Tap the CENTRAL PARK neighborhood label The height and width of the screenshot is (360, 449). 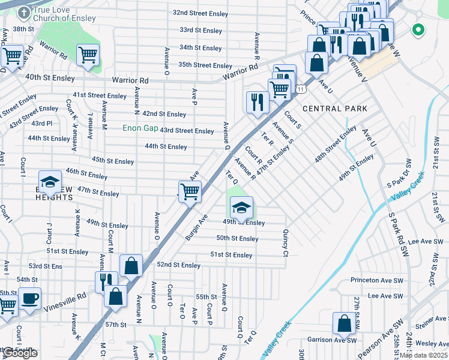(334, 109)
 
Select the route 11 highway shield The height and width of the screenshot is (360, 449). (300, 89)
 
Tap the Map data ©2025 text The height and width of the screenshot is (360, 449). (424, 355)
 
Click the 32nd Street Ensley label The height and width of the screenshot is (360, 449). (200, 13)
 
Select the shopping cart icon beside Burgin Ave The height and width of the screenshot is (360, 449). (190, 192)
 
